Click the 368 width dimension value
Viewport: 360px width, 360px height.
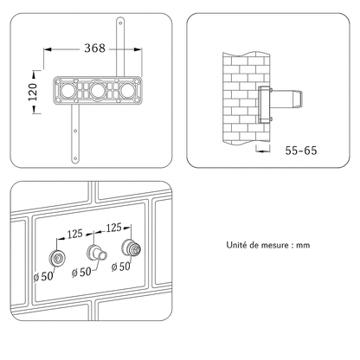94,48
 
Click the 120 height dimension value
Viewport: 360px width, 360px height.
33,92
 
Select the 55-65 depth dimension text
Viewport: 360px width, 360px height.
301,151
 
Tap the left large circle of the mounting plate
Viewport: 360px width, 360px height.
67,90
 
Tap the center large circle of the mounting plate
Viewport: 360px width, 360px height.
98,90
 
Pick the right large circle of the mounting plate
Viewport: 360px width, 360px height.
128,90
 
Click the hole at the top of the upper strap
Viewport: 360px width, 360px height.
120,22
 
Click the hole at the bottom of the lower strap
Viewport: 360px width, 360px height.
75,158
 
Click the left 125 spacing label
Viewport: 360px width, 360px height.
74,234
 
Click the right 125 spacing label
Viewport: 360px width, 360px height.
113,228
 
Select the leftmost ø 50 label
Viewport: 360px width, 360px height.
43,277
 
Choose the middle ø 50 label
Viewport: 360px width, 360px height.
81,272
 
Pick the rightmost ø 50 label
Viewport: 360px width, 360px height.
121,267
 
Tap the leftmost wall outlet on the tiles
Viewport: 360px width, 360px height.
57,258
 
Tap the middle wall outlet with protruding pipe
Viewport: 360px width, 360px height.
97,253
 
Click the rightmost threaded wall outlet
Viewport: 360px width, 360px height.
132,247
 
